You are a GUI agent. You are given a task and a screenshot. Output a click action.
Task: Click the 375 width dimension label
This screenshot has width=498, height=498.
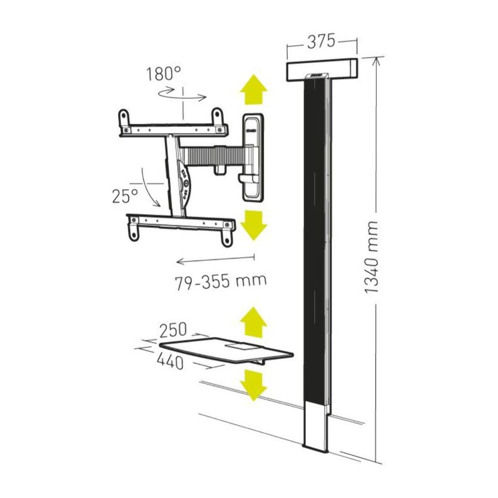321,41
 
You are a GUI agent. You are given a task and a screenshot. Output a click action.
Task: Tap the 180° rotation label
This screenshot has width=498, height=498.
163,74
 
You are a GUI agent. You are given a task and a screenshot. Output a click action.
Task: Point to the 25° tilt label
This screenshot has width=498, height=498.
125,196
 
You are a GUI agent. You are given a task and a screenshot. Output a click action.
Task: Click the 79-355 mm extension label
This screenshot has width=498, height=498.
221,282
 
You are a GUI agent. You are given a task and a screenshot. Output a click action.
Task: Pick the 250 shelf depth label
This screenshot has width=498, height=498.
173,330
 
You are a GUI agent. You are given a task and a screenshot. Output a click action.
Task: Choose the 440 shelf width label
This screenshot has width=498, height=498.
170,362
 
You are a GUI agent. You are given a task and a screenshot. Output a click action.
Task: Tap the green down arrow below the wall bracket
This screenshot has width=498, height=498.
254,224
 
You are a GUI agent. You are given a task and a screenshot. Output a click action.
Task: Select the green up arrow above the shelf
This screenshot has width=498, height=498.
254,322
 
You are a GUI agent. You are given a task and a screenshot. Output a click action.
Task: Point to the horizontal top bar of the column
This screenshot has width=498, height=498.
321,70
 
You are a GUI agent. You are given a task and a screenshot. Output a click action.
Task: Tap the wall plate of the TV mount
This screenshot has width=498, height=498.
252,157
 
